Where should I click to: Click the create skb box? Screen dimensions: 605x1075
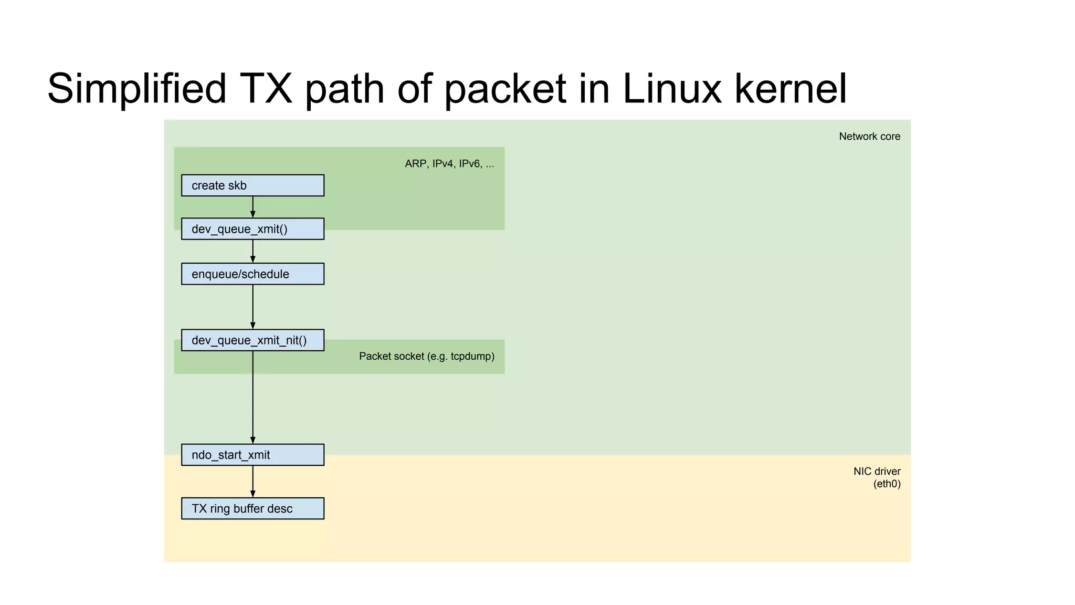252,185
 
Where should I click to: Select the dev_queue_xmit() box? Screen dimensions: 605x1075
252,229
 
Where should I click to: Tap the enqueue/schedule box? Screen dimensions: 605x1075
252,274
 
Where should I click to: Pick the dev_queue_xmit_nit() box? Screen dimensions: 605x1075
252,340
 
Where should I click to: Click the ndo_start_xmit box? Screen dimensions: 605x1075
252,455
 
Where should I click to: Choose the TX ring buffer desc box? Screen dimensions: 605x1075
252,508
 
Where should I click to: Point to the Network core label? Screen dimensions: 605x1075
869,137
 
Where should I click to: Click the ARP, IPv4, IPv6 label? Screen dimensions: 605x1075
449,164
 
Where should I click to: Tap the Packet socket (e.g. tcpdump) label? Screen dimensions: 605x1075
426,357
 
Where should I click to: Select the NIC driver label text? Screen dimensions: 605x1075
877,472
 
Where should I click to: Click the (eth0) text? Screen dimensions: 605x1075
887,484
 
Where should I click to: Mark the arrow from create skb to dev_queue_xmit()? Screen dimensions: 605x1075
253,207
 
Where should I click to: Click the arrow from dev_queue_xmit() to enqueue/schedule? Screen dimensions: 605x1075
253,251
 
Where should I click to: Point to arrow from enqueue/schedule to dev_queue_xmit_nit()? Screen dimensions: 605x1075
253,307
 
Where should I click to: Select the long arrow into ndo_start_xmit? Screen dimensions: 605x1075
253,399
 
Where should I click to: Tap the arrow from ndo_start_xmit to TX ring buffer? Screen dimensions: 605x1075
253,481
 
